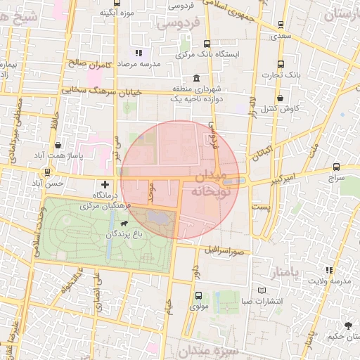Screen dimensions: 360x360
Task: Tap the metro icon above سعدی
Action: [x=281, y=25]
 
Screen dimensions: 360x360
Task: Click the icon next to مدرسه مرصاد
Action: [x=139, y=53]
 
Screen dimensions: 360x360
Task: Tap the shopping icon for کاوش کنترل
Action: [x=281, y=98]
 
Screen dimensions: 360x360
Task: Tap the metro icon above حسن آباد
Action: [x=48, y=172]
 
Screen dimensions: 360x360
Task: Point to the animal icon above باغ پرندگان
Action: [x=124, y=224]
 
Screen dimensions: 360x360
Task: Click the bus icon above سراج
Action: [x=336, y=167]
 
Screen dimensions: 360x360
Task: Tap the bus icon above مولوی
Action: [x=198, y=296]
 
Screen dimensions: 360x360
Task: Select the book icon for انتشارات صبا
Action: [x=262, y=290]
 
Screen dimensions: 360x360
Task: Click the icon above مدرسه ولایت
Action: [x=328, y=270]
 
